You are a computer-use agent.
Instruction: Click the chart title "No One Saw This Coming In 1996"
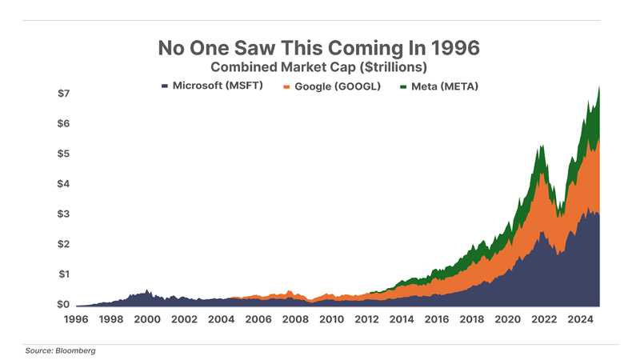(319, 47)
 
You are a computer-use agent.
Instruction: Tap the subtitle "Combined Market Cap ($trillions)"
(320, 67)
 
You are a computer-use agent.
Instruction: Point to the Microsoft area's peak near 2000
(147, 290)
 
